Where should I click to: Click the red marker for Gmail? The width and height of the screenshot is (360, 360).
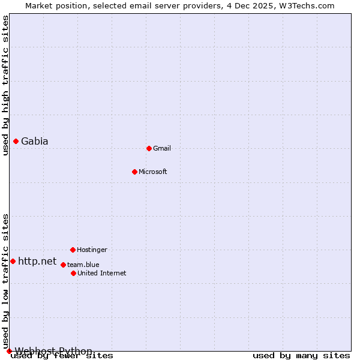coord(149,148)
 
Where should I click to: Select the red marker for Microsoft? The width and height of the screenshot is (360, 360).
coord(134,172)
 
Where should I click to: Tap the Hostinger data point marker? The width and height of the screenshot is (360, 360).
coord(73,250)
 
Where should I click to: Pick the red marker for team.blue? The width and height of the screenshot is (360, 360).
coord(63,265)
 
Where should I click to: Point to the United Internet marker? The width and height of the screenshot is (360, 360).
coord(73,273)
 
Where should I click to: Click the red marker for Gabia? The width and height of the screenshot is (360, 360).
coord(16,141)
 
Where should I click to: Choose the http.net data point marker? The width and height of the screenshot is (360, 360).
coord(13,261)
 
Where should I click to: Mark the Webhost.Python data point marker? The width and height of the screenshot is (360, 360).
coord(9,351)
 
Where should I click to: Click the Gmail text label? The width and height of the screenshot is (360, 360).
coord(162,148)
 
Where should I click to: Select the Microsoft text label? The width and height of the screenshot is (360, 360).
coord(153,172)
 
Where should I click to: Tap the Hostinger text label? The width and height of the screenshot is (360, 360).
coord(92,250)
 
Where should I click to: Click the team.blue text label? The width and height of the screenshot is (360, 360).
coord(83,265)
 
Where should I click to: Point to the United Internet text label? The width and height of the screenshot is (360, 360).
coord(102,273)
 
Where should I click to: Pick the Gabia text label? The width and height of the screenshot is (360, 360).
coord(35,142)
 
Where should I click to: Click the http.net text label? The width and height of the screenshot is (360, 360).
coord(37,262)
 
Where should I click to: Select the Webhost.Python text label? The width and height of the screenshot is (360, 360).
coord(53,351)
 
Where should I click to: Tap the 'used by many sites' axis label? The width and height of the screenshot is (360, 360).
coord(301,356)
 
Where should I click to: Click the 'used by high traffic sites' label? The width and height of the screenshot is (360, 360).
coord(5,86)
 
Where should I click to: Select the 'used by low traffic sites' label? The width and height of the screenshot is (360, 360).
coord(5,281)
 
